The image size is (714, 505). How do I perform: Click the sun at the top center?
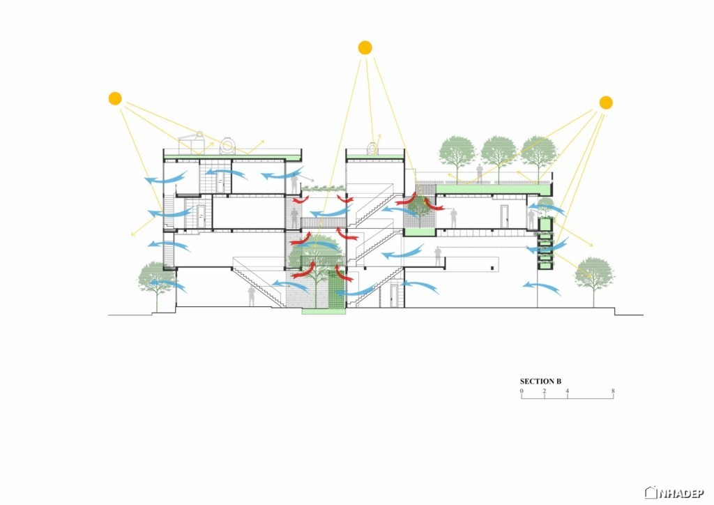point(365,48)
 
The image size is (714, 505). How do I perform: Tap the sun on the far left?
point(115,98)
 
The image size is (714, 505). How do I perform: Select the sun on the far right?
point(606,103)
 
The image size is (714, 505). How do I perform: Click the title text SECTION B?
point(540,382)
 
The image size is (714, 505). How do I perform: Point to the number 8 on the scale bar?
point(613,391)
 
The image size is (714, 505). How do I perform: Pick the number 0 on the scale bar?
point(522,391)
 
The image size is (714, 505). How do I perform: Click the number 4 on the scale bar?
point(568,391)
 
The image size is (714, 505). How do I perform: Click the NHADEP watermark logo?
point(674,492)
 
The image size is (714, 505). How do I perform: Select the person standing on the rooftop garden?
point(479,174)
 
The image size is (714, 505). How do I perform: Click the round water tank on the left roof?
point(228,146)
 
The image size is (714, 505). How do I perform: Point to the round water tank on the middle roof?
point(373,148)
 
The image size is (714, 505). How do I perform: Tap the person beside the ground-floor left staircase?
point(251,296)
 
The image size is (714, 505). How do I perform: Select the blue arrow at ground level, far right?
point(541,287)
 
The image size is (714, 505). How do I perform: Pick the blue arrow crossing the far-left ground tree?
point(167,285)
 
